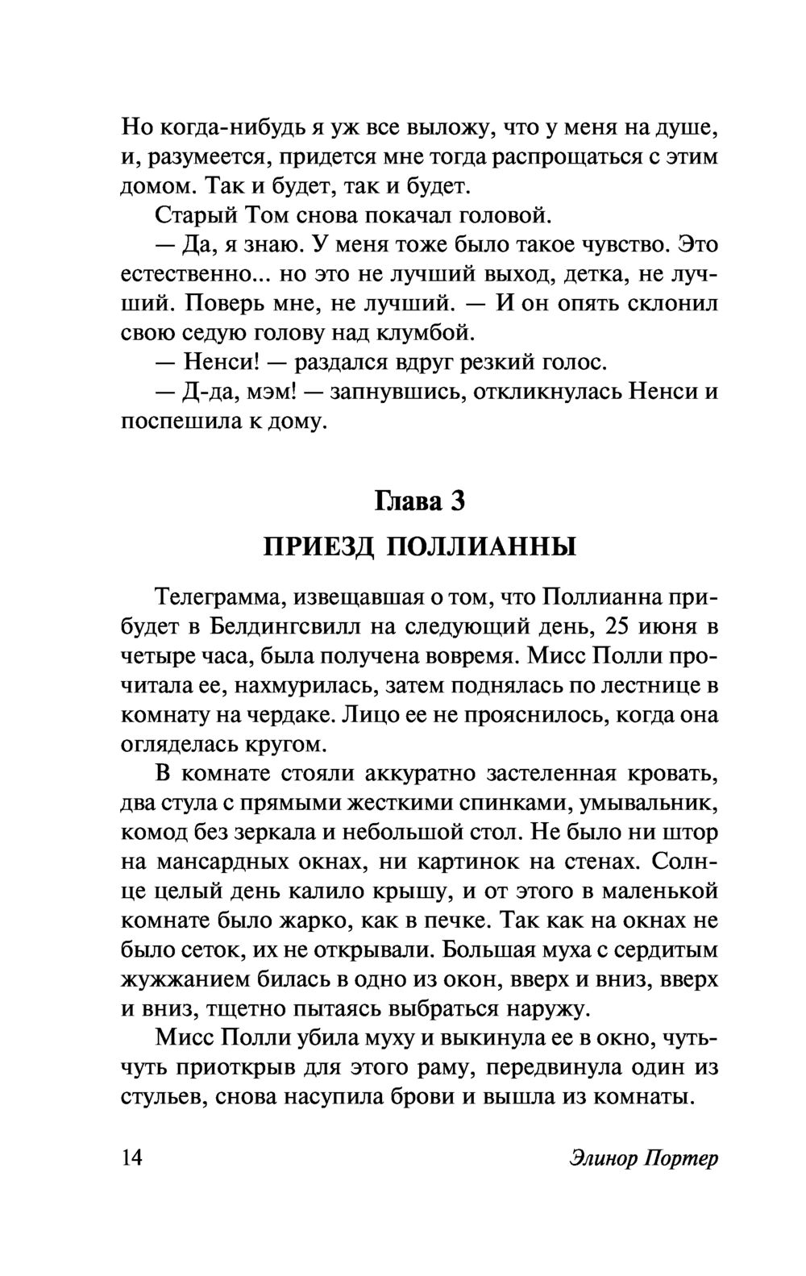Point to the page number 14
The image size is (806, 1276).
[x=131, y=1158]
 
